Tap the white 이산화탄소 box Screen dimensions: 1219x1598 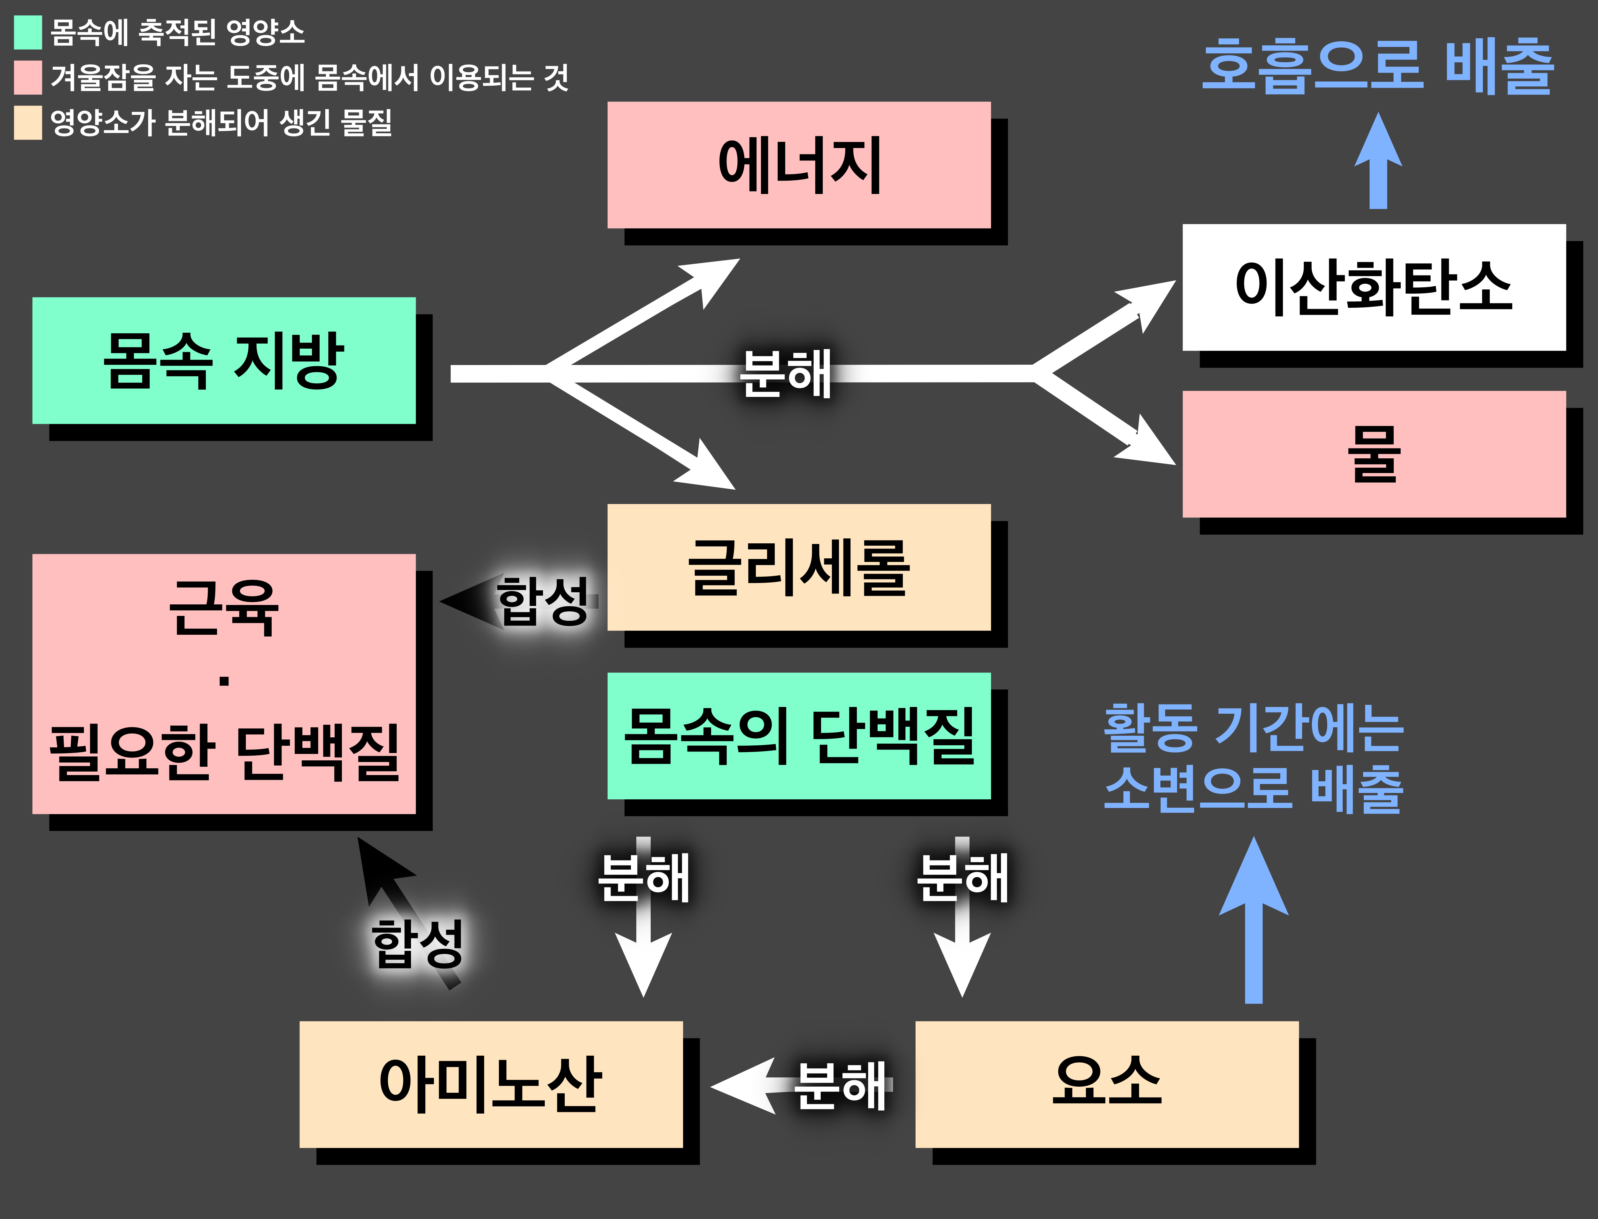1373,287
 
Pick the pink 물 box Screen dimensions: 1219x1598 1373,454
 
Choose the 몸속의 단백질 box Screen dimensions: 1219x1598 799,736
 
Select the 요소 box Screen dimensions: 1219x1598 1106,1084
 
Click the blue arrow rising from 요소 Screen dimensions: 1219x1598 1253,921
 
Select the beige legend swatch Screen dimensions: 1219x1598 27,122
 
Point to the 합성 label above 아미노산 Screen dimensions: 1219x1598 417,943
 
